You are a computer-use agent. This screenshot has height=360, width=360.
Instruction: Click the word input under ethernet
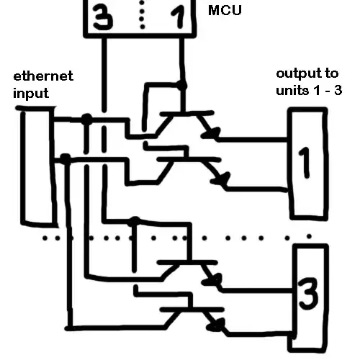click(30, 93)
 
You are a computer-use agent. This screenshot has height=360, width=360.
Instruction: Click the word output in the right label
click(300, 74)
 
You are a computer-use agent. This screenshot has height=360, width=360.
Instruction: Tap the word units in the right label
click(291, 90)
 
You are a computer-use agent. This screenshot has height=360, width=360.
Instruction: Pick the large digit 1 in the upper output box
click(305, 163)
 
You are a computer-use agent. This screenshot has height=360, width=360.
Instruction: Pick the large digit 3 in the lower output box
click(308, 293)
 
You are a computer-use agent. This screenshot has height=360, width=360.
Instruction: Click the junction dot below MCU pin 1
click(182, 86)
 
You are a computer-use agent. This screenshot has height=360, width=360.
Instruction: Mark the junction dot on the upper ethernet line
click(86, 118)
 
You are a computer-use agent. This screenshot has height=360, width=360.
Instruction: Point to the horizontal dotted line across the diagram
click(180, 237)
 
